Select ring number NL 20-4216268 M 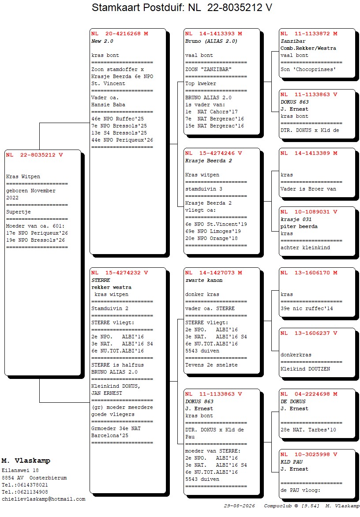(120, 34)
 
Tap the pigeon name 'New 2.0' (102, 41)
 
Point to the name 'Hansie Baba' (108, 105)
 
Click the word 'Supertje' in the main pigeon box (19, 212)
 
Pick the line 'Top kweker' (200, 83)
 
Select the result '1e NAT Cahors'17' (211, 112)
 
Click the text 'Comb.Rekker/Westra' (308, 48)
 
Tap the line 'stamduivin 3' (204, 189)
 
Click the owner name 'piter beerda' (299, 226)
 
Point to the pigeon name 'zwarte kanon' (204, 280)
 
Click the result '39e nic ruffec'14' (307, 309)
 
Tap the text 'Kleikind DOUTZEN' (305, 369)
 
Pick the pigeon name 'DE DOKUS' (293, 401)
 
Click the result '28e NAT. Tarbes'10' (308, 430)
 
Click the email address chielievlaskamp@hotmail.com (44, 499)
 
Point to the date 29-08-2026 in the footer (240, 506)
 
